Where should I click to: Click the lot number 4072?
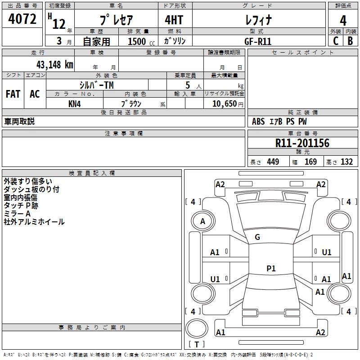click(22, 19)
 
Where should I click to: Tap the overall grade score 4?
click(343, 21)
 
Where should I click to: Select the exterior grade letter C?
click(336, 41)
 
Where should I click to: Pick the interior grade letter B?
click(350, 41)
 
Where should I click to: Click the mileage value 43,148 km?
click(54, 65)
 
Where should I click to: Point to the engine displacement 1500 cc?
click(141, 41)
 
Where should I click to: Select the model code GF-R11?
click(258, 41)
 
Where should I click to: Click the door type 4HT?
click(174, 20)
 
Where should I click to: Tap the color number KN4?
click(74, 104)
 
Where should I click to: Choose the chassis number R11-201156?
click(302, 143)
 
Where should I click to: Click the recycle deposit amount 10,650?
click(224, 104)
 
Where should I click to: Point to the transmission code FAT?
click(13, 94)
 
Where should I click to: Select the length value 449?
click(273, 162)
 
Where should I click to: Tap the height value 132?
click(346, 162)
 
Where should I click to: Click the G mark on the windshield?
click(257, 237)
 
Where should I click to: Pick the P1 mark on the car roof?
click(271, 268)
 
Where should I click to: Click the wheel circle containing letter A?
click(203, 221)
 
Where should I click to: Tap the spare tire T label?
click(197, 344)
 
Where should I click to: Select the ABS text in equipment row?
click(258, 121)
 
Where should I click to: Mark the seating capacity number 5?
click(188, 85)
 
